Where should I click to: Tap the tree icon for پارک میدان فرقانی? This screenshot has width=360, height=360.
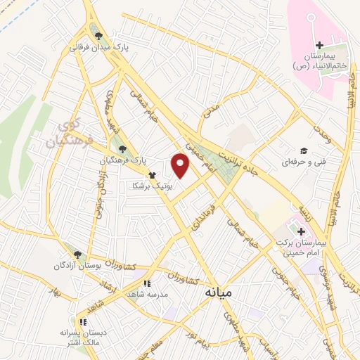point(97,35)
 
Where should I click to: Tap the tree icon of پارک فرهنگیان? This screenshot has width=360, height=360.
point(124,149)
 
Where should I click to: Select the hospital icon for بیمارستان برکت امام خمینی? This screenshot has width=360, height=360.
point(301,231)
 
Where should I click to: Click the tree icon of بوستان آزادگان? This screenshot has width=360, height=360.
point(77,255)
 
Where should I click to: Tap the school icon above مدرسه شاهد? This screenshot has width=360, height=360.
point(146,284)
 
